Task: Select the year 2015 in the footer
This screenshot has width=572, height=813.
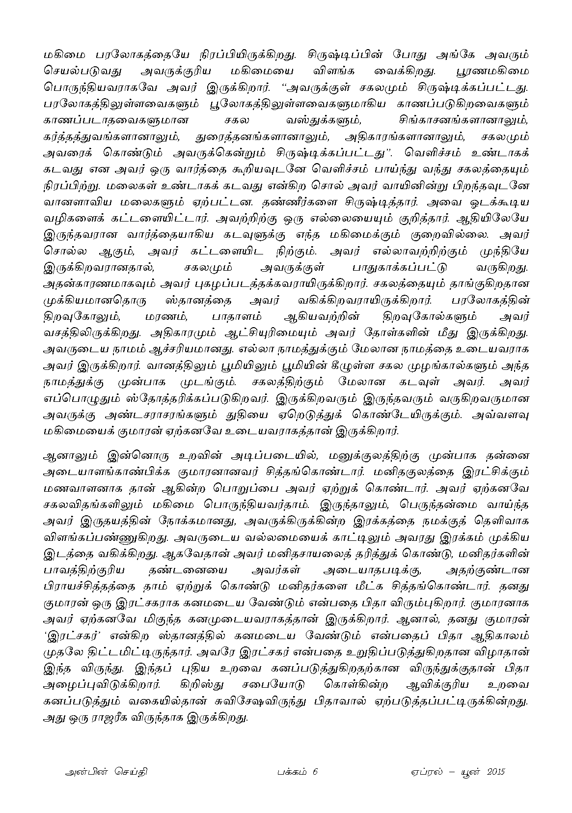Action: (x=496, y=772)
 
